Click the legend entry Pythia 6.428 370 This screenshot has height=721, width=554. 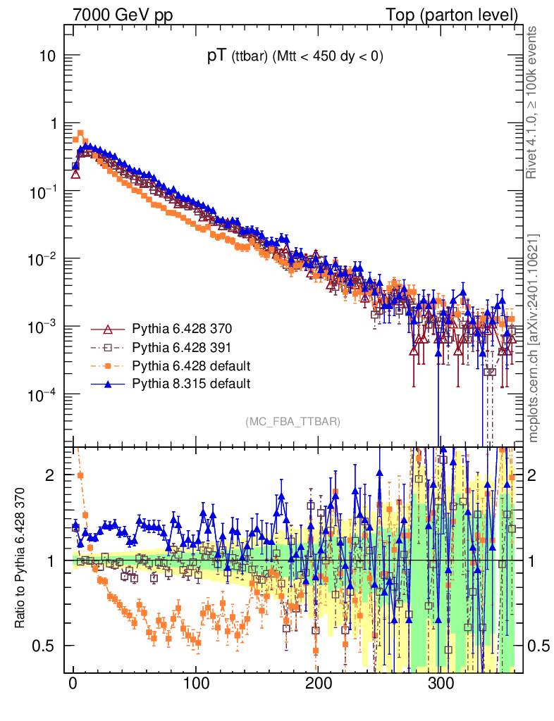(x=182, y=330)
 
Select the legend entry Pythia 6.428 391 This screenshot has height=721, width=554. (x=182, y=347)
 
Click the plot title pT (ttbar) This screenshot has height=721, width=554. (x=295, y=58)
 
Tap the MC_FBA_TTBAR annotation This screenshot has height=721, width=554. (x=293, y=422)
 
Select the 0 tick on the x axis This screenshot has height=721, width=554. (x=73, y=684)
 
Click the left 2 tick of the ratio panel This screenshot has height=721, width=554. (x=51, y=476)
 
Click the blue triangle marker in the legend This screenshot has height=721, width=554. (x=108, y=384)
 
